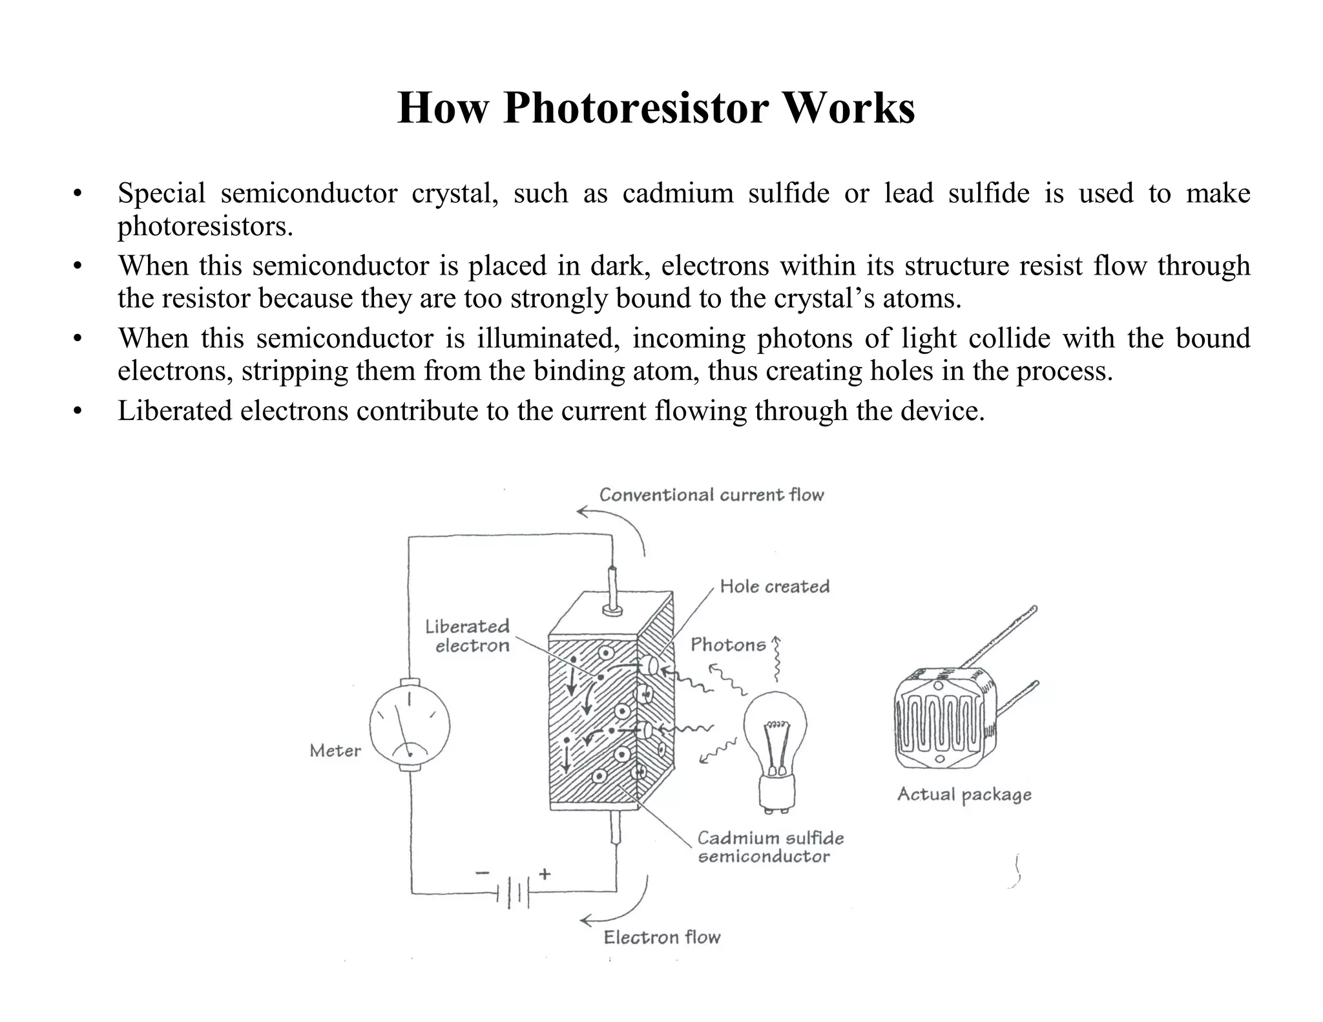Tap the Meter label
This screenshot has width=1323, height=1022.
coord(335,751)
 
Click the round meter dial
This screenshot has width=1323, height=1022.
coord(410,724)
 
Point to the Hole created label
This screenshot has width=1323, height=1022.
coord(774,587)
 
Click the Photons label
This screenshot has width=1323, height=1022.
coord(727,645)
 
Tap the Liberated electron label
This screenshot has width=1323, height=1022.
coord(468,636)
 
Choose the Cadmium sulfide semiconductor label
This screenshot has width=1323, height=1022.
coord(769,847)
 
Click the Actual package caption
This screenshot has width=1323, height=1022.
coord(964,795)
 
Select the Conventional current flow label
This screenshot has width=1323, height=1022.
coord(711,495)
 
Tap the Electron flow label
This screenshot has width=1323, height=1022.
coord(661,937)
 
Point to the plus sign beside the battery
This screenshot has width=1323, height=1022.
coord(545,874)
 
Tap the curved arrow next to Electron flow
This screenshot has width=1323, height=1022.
coord(620,904)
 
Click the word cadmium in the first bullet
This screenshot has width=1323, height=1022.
coord(677,193)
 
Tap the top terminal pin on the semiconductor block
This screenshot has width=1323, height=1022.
coord(612,588)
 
